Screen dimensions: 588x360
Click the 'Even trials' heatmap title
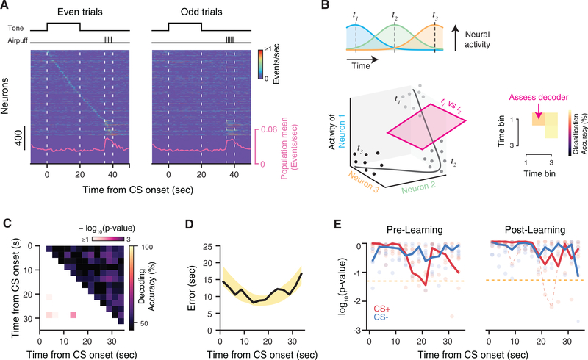point(80,12)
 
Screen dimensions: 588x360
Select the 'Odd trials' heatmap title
point(201,12)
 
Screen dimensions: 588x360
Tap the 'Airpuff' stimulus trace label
point(18,40)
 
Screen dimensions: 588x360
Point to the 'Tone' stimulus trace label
point(15,28)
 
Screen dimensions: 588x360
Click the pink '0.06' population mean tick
point(269,130)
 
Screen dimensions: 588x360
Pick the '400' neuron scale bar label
point(18,138)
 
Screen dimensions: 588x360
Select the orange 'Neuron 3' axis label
point(363,181)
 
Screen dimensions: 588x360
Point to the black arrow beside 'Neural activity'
point(455,38)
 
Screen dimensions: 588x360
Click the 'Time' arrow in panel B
point(362,59)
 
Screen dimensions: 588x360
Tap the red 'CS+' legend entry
point(381,309)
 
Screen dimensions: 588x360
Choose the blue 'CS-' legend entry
point(381,317)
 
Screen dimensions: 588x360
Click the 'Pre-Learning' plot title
point(415,229)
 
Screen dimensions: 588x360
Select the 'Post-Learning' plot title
point(535,229)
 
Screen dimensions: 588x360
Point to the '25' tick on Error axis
point(207,246)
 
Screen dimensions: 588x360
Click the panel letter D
point(190,223)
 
